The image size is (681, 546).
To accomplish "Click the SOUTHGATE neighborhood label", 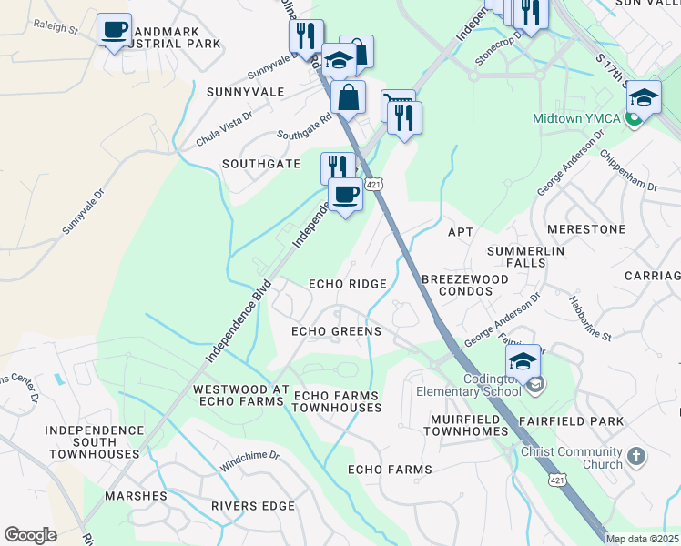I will pos(261,164).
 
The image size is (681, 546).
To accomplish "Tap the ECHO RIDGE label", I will pos(348,284).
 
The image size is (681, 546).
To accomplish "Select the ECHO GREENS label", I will pos(336,331).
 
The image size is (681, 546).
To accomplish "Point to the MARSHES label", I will pos(136,496).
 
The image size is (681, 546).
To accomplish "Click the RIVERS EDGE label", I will pos(248,506).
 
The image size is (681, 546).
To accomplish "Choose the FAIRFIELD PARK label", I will pos(572,421).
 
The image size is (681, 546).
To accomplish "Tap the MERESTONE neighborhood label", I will pos(587,229).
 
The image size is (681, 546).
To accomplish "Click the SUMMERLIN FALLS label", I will pos(526,257).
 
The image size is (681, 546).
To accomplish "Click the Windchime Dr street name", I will pos(249,460).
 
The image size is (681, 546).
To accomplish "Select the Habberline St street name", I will pos(589,318).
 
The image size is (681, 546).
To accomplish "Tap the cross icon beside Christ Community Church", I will pos(636,455).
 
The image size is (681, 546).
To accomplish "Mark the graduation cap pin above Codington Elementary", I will pos(523,361).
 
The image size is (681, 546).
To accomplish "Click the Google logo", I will pos(30,535).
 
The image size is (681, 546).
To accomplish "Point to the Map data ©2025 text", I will pos(643,539).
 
